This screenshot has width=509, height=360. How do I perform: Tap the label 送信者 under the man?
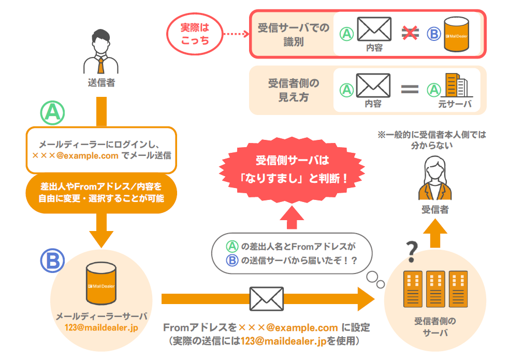tap(101, 82)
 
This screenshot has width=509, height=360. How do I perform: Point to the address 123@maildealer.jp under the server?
tap(101, 327)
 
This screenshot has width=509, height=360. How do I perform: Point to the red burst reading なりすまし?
tap(293, 169)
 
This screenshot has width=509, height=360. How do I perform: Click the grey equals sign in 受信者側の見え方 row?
tap(410, 89)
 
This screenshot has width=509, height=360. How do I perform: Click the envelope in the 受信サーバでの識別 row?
tap(374, 29)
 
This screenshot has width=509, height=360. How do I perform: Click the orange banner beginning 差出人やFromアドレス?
tap(101, 192)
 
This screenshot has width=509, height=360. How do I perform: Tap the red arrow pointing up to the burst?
tap(293, 218)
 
